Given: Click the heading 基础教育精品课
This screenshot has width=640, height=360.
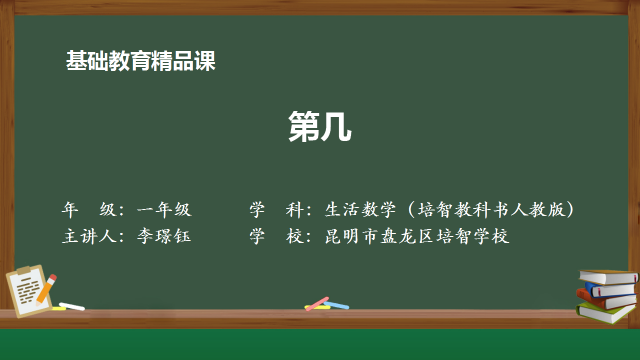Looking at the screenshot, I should coord(140,61).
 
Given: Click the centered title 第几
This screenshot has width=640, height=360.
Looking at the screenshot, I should coord(320,127).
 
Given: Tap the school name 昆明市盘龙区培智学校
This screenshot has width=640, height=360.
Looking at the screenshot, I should coord(417,237).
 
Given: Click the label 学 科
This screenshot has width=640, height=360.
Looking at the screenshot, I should coord(276,210).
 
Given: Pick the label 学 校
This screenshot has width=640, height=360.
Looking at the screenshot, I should coord(276,237).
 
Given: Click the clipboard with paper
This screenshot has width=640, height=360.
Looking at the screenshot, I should coord(29,289).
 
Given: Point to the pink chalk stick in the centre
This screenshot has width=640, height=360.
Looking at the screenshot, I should coord(318,302).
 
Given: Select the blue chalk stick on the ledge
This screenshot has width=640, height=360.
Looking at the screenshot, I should coord(338,305).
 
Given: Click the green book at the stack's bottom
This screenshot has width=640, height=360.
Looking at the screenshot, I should coord(606,312).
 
